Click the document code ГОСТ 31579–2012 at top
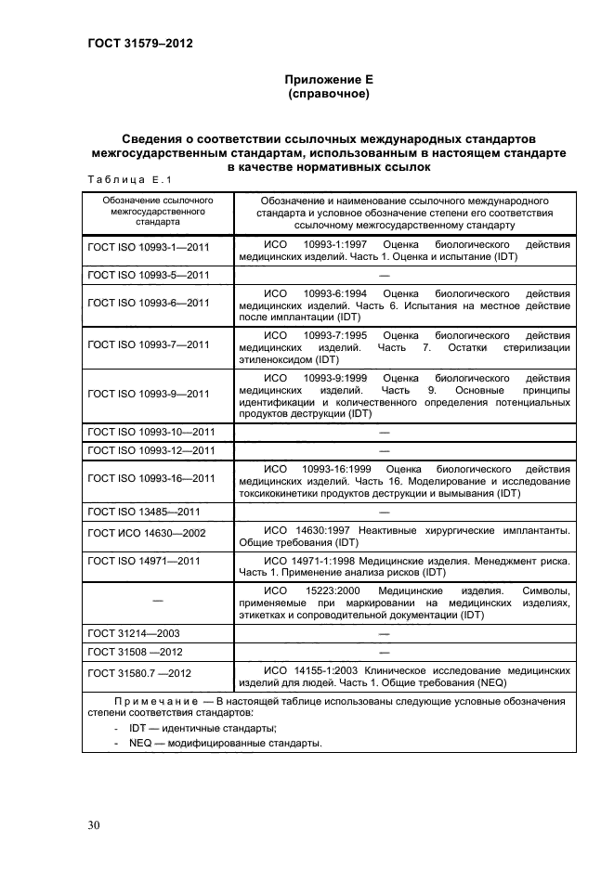(140, 42)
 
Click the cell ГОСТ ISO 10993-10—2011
(151, 434)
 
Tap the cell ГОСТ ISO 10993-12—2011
(151, 450)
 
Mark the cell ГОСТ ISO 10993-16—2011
(151, 478)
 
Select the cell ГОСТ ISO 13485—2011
(144, 512)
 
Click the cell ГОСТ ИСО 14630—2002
(146, 535)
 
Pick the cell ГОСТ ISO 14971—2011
(144, 562)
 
